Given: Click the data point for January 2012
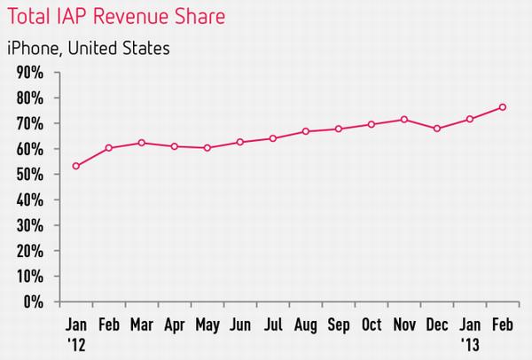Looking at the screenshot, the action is coord(76,166).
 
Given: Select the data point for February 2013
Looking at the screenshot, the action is coord(503,107).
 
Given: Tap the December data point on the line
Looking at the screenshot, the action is coord(437,129).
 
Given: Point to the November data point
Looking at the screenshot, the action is coord(404,120).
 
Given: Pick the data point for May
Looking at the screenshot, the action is coord(207,148).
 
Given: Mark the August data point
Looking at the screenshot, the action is coord(306,131).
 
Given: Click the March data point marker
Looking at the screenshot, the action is coord(142,143).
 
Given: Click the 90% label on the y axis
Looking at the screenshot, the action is coord(30,73).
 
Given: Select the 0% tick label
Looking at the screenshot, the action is coord(34,301).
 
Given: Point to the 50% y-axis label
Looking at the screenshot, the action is coord(30,175).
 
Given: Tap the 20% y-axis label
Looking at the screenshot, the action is coord(30,252).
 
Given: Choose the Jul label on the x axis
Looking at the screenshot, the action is coord(273,325).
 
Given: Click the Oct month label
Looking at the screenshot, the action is coord(372,325).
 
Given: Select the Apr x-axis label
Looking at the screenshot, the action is coord(175,325).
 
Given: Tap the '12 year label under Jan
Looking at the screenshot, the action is coord(76,345).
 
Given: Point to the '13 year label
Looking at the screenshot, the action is coord(470,345).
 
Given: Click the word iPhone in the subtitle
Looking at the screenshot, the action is coord(33,48).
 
